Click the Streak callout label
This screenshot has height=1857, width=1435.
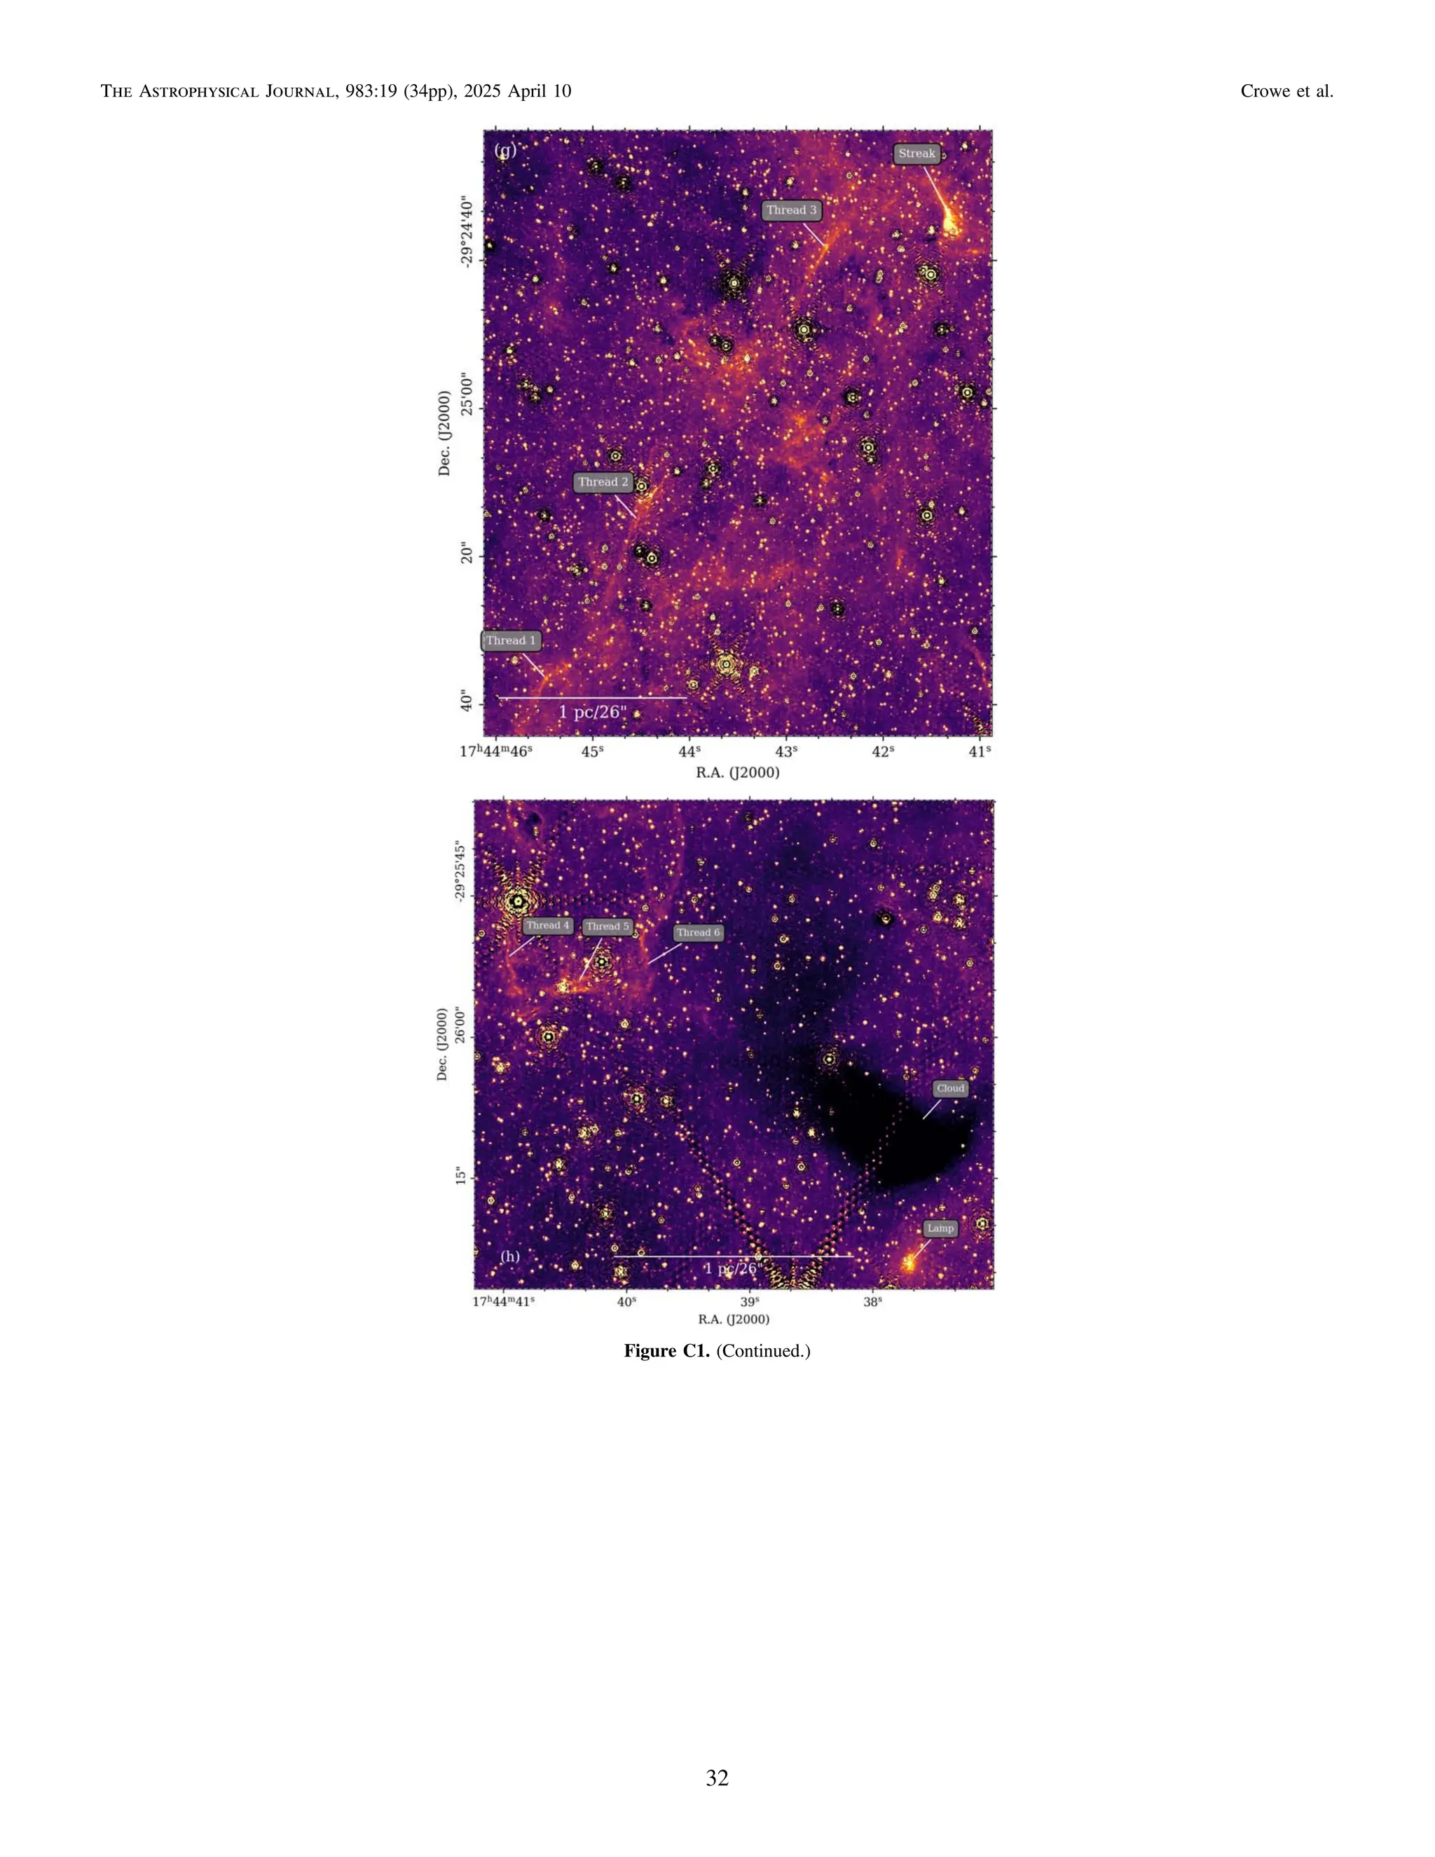point(916,154)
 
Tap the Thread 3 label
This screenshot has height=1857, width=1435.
point(792,210)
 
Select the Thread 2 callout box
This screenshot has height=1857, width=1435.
point(603,482)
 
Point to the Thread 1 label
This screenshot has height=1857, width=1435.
point(511,640)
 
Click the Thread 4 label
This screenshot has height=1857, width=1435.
point(547,925)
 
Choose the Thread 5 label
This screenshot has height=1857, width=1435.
point(607,926)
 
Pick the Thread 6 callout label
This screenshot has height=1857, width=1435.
point(698,933)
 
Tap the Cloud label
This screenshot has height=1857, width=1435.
point(949,1088)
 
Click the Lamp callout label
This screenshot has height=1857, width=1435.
point(940,1228)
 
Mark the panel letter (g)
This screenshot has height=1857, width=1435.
point(505,151)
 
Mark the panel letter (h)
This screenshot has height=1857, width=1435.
point(509,1256)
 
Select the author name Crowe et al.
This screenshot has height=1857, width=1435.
point(1286,91)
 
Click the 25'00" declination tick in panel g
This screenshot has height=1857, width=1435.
point(465,408)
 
